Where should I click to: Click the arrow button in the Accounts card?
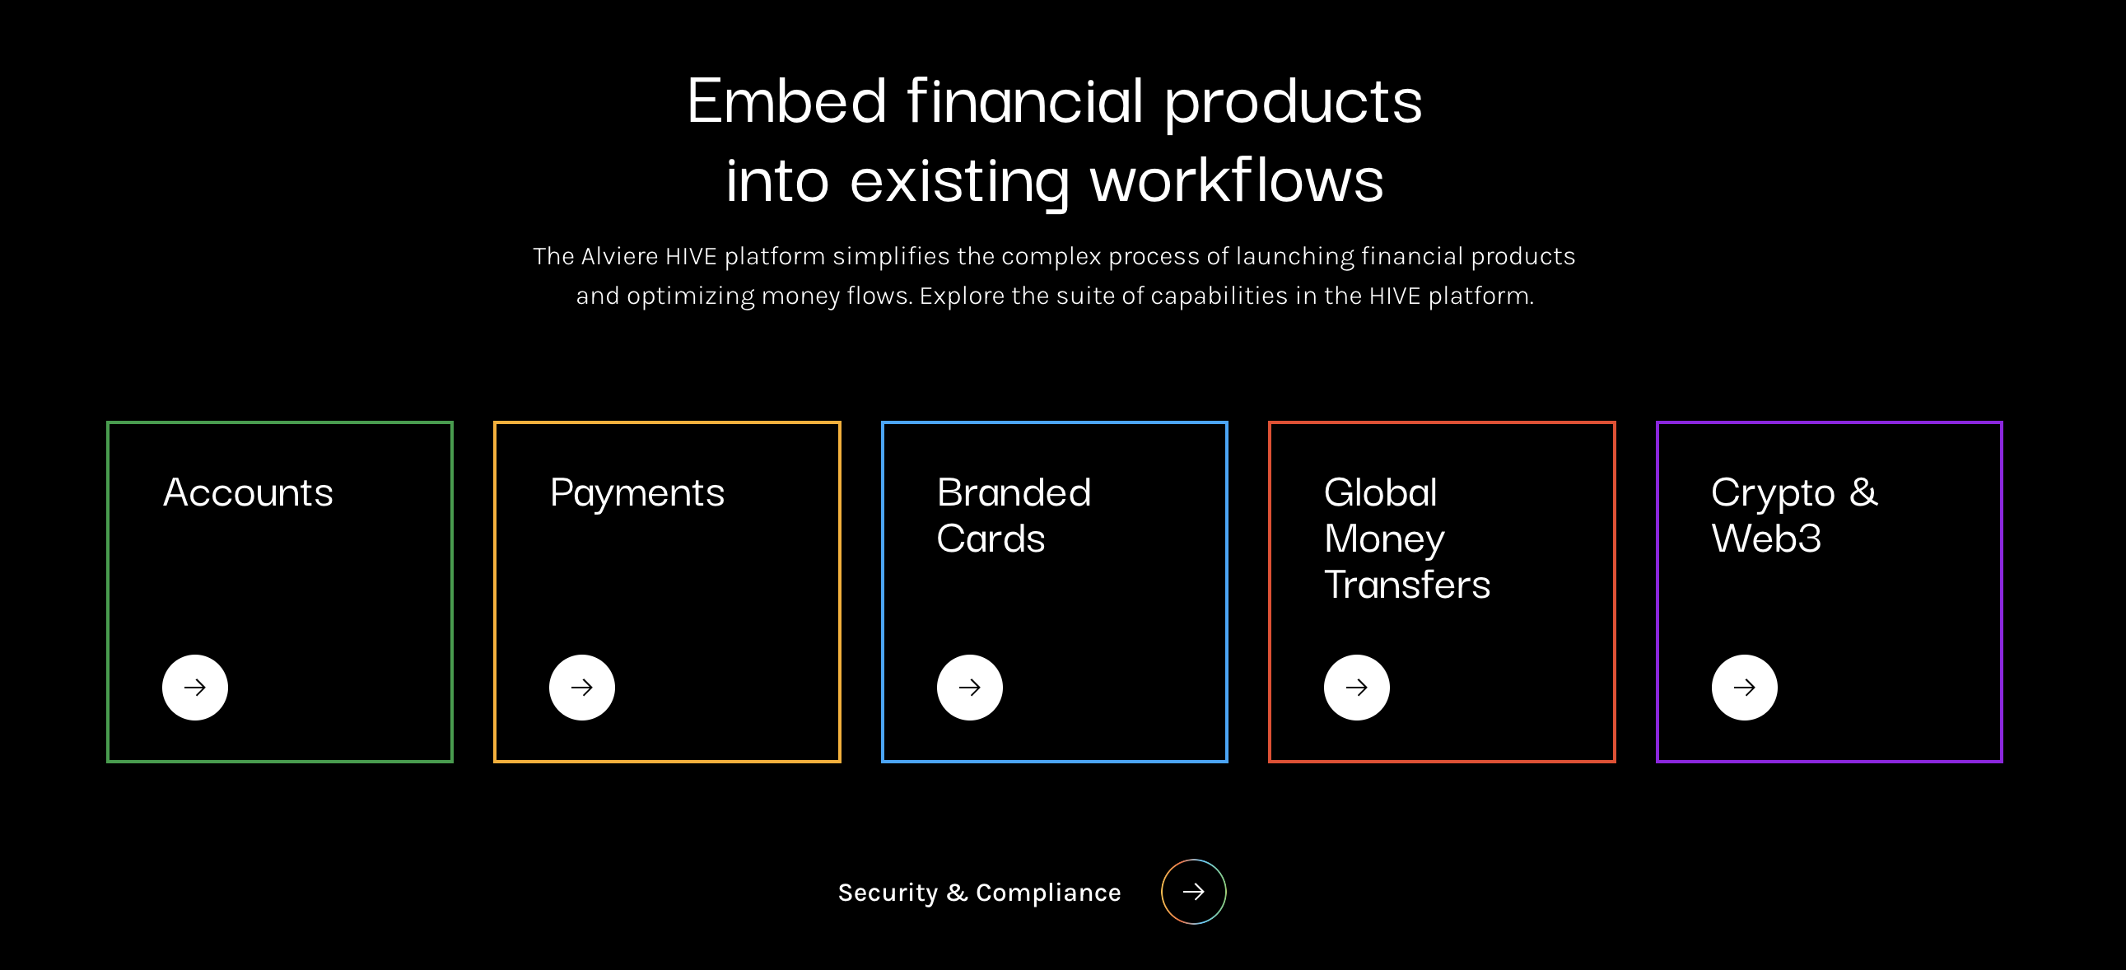pos(195,688)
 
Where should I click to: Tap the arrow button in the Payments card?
pos(582,688)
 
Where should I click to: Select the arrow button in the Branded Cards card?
pos(970,688)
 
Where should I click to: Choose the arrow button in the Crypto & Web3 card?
pos(1744,688)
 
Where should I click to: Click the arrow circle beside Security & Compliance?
pos(1193,892)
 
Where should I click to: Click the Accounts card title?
pos(249,493)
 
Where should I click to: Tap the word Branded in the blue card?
pos(1014,493)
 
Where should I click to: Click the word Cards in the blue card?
pos(991,539)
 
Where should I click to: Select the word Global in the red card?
pos(1381,493)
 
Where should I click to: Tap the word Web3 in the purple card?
pos(1766,539)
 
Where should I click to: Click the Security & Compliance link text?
pos(980,893)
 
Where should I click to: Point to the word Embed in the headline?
pos(786,100)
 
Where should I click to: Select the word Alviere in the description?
pos(619,256)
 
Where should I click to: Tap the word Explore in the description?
pos(962,296)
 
